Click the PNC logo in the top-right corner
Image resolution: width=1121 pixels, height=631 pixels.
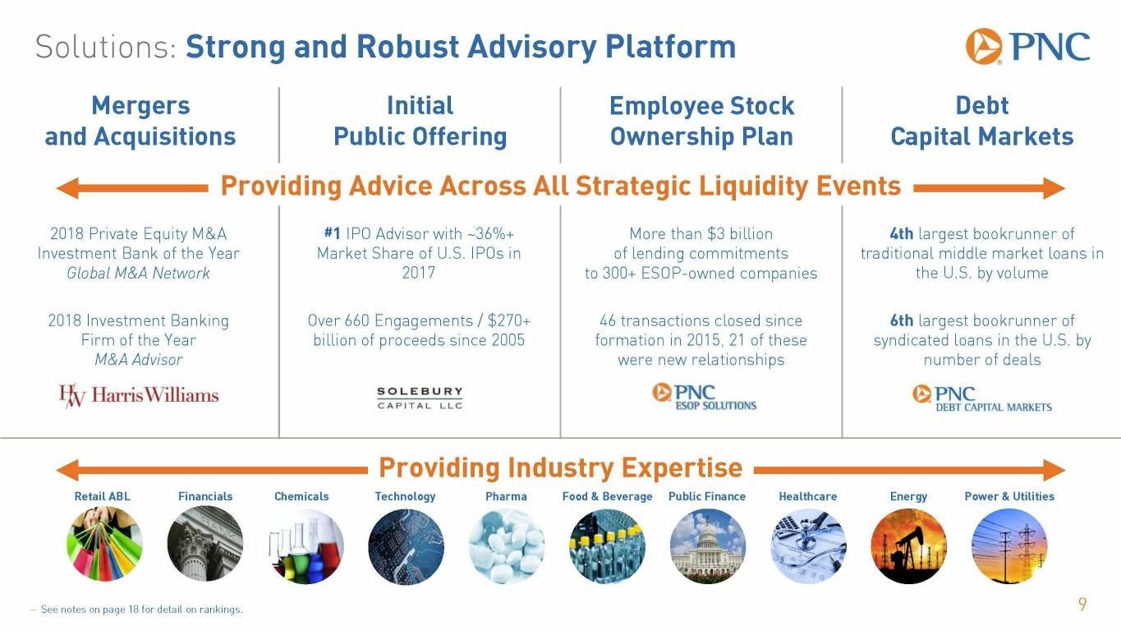(1027, 47)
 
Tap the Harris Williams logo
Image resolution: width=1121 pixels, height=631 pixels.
(139, 396)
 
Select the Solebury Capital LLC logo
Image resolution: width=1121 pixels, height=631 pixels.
(420, 398)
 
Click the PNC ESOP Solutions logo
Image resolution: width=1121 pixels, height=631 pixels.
(704, 397)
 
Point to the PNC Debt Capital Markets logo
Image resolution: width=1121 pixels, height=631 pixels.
(982, 398)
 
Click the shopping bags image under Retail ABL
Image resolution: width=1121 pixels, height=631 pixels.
(104, 545)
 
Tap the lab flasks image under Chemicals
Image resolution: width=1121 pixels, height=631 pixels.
(306, 546)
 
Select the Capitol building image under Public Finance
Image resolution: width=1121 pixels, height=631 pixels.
(708, 546)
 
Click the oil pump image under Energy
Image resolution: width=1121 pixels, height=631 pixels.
(909, 546)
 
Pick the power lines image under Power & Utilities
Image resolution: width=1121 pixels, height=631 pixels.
(1009, 546)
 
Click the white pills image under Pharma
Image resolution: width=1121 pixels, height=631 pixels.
(507, 546)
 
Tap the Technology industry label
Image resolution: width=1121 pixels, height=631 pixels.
(406, 496)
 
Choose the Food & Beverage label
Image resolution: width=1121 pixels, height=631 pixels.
(607, 496)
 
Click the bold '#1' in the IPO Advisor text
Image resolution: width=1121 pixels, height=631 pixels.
(333, 233)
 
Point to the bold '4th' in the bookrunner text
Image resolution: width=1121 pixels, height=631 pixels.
(901, 233)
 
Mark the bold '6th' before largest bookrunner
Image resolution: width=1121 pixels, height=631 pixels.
(901, 320)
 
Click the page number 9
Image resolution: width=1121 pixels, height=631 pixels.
(1082, 605)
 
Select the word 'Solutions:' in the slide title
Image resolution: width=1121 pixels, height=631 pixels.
(106, 47)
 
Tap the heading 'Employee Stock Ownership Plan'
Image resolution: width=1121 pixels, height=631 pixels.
(701, 121)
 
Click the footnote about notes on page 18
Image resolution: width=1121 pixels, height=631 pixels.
(136, 610)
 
